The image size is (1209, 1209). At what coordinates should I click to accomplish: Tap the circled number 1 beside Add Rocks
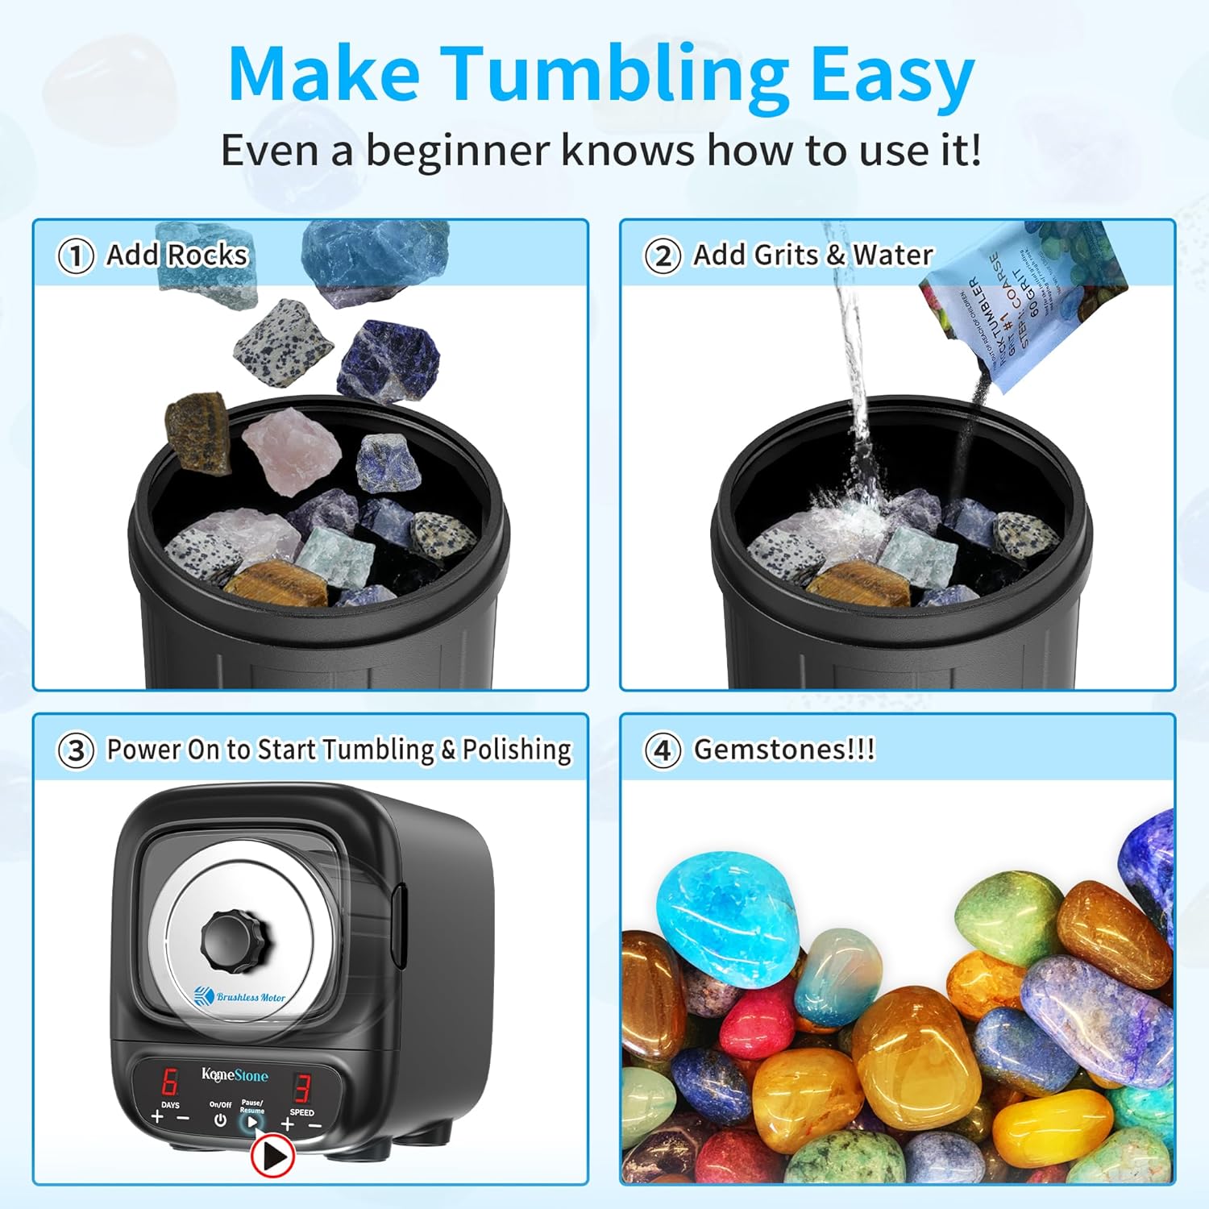tap(75, 256)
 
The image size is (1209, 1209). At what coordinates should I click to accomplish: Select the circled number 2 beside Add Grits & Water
tap(662, 256)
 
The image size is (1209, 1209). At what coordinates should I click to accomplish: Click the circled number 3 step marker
tap(75, 750)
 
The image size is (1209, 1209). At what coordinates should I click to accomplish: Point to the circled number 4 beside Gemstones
tap(662, 750)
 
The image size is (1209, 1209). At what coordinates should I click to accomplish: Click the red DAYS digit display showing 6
tap(170, 1081)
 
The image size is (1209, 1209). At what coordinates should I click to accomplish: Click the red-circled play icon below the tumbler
tap(272, 1157)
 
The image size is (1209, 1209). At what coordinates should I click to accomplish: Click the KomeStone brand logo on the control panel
tap(234, 1075)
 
